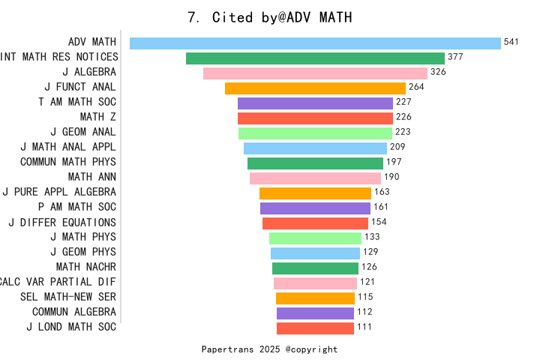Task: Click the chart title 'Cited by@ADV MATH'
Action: tap(270, 17)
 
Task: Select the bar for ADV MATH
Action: tap(315, 43)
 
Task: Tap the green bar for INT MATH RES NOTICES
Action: tap(315, 58)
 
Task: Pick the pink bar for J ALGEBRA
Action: tap(315, 73)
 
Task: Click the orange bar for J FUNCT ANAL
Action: tap(315, 88)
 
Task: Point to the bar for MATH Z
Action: tap(315, 118)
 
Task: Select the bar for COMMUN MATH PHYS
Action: tap(315, 163)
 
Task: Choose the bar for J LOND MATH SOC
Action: tap(315, 328)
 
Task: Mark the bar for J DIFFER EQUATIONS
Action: tap(315, 223)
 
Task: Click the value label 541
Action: tap(511, 42)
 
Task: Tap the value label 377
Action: tap(455, 57)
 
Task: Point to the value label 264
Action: tap(416, 87)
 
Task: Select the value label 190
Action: tap(391, 177)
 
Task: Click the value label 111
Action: tap(364, 327)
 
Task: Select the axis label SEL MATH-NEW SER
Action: tap(68, 297)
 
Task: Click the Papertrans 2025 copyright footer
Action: tap(270, 349)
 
